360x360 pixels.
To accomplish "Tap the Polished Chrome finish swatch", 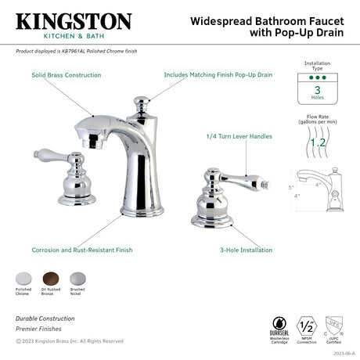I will (23, 279).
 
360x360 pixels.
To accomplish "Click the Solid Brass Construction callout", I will (66, 75).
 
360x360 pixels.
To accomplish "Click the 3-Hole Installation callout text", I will (246, 250).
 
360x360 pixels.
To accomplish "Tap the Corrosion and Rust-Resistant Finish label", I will (82, 250).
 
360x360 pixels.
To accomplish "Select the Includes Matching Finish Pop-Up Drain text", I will (218, 75).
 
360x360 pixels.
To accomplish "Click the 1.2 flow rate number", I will (317, 142).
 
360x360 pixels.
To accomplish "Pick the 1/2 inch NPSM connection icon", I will (308, 325).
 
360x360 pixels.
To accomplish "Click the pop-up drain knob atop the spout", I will (143, 103).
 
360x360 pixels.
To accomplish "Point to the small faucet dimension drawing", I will (319, 192).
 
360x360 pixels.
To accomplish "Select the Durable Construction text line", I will (45, 319).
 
